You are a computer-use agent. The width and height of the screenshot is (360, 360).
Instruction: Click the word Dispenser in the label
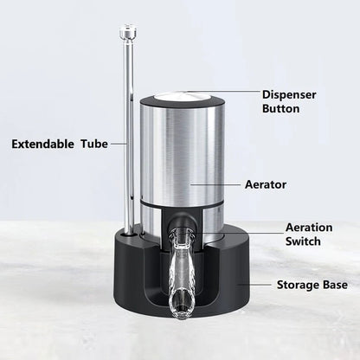[290, 94]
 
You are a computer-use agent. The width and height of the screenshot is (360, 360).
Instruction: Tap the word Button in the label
[281, 109]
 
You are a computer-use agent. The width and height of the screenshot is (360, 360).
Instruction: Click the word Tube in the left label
[95, 144]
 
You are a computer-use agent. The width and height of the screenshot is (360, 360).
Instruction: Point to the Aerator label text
[266, 184]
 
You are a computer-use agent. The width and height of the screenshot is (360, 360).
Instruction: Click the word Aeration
[309, 228]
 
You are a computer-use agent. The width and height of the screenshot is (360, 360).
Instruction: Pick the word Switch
[304, 242]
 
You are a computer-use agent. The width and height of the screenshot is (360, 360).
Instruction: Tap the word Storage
[299, 284]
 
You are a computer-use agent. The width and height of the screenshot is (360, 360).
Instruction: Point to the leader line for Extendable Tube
[116, 144]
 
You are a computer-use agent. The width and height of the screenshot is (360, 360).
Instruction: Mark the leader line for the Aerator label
[216, 183]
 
